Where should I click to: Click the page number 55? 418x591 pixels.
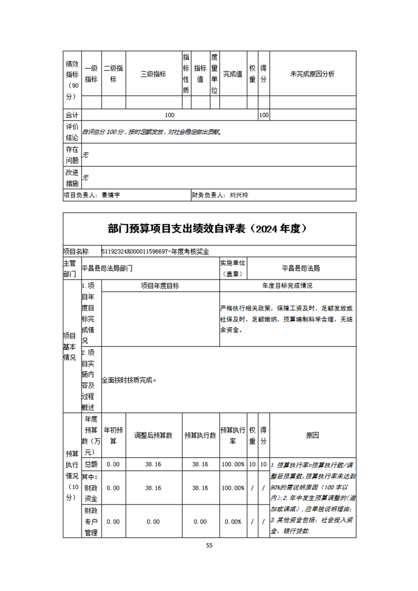coord(209,546)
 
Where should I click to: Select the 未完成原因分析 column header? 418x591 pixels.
coord(312,74)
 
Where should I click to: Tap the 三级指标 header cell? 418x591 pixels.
coord(153,74)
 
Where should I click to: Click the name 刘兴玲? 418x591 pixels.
coord(239,195)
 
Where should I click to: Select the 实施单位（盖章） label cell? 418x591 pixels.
coord(232,268)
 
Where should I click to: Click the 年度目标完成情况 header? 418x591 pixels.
coord(287,285)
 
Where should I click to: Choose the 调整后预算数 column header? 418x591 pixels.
coord(153,435)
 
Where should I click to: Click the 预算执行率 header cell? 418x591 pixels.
coord(232,435)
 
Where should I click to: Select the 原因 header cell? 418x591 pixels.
coord(312,435)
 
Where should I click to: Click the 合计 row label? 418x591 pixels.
coord(72,115)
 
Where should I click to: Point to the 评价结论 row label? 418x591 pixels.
coord(72,132)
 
